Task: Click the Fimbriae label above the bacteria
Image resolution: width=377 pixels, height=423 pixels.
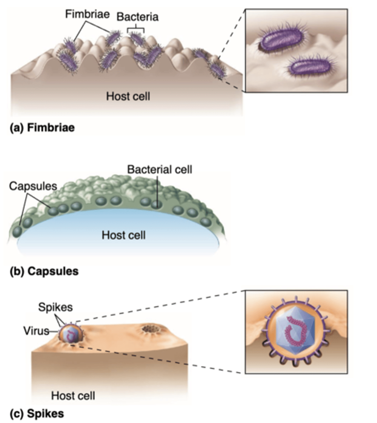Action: click(87, 14)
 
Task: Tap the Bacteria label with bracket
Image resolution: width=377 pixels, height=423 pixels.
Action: click(137, 17)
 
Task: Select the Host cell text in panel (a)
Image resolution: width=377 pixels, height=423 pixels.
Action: click(128, 96)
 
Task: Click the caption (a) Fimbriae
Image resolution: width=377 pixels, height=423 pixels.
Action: click(42, 127)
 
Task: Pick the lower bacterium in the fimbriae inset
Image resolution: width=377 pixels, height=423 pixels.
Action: click(309, 67)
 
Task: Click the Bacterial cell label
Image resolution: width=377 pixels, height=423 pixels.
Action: click(160, 170)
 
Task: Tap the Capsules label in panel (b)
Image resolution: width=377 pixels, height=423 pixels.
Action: click(33, 186)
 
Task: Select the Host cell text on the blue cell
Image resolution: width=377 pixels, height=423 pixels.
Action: click(123, 235)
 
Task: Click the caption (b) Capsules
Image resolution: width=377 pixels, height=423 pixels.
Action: click(44, 271)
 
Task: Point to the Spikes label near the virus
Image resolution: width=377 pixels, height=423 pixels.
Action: click(55, 307)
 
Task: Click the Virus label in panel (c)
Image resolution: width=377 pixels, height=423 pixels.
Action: click(36, 331)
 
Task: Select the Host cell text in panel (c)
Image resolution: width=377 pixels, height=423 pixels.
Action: click(73, 396)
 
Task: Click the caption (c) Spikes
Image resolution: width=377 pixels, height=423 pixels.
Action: click(37, 413)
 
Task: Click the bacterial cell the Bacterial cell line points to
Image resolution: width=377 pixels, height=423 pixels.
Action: click(156, 203)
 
